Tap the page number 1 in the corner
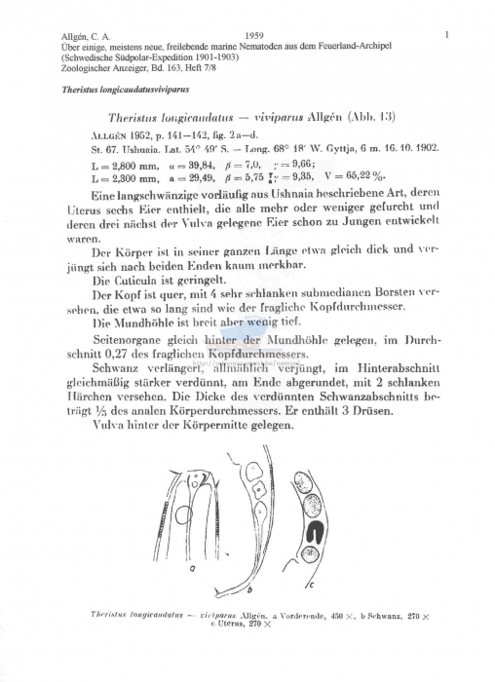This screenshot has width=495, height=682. (445, 35)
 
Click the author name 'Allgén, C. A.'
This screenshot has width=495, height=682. (85, 36)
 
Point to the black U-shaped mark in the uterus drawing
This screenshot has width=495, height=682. (320, 533)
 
